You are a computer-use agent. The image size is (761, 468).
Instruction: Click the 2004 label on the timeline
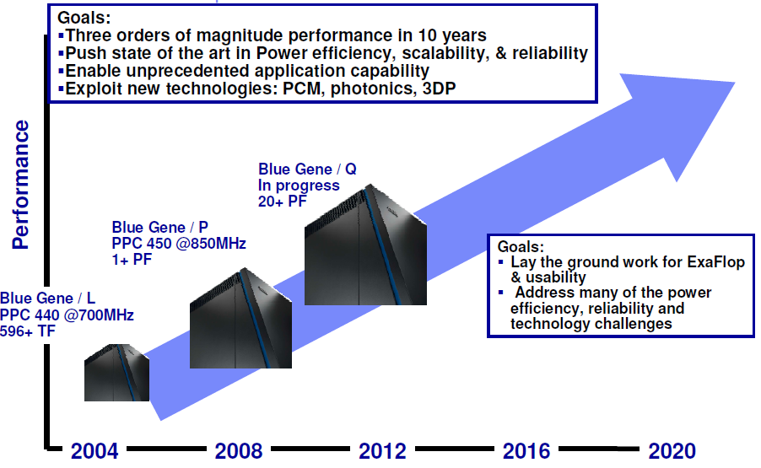(94, 450)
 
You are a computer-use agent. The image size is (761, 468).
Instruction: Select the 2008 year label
(239, 450)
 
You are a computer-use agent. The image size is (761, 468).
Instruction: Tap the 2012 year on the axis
(382, 450)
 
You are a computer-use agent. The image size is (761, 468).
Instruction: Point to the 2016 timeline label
(526, 450)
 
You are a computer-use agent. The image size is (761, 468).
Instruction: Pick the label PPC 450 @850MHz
(179, 245)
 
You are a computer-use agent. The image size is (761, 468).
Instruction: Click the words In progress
(299, 185)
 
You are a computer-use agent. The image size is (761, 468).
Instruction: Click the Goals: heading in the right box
(521, 247)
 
